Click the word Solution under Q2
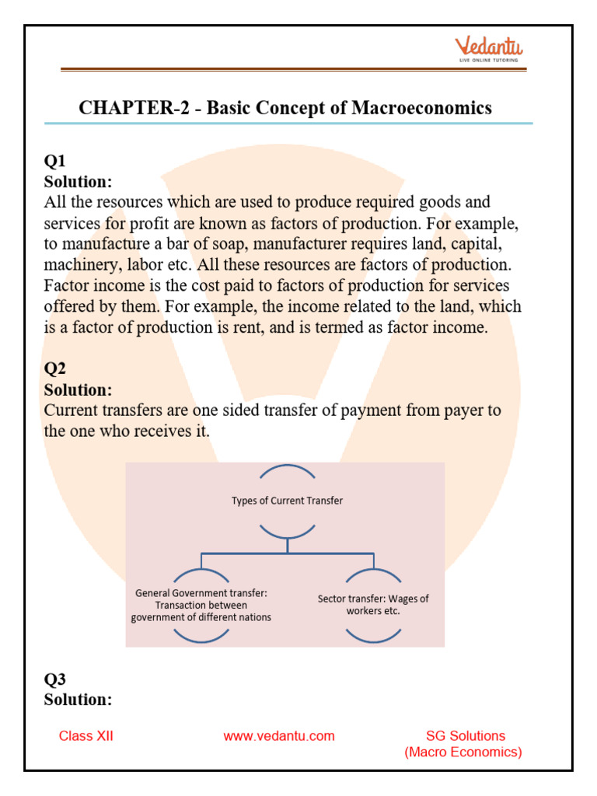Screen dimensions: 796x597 [78, 389]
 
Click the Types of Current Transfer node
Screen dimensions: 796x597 [287, 501]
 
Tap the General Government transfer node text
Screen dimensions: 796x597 [201, 593]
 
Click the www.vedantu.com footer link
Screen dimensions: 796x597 [279, 736]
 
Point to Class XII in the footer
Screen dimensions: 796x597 [86, 736]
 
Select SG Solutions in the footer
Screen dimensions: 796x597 [466, 735]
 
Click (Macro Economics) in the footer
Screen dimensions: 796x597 [463, 752]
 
